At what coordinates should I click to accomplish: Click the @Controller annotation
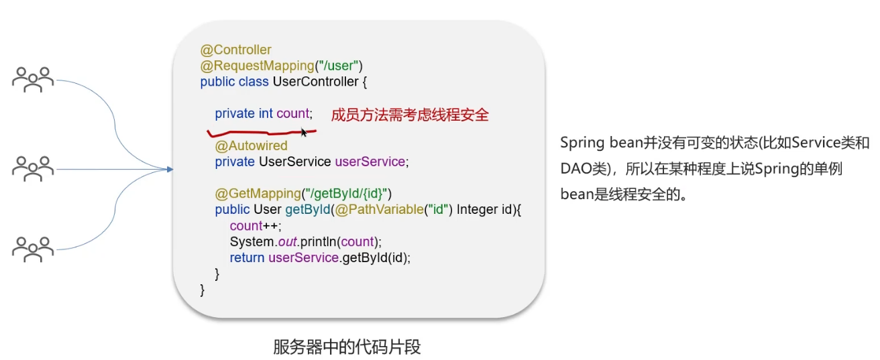click(235, 50)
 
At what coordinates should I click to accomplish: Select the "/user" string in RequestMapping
click(339, 66)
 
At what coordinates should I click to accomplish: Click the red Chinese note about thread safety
click(410, 115)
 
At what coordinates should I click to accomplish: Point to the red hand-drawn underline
click(262, 133)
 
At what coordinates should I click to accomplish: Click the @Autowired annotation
click(251, 145)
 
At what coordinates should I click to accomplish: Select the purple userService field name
click(370, 162)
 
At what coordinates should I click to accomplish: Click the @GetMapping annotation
click(258, 194)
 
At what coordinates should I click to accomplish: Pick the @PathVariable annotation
click(380, 210)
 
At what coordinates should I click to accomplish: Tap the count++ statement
click(256, 226)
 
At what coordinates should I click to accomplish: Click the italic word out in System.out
click(287, 242)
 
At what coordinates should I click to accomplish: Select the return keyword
click(247, 258)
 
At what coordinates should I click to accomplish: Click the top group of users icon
click(33, 80)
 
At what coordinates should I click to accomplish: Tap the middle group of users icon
click(33, 169)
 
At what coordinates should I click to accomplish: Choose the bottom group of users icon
click(33, 249)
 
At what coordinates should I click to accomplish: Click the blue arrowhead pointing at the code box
click(170, 169)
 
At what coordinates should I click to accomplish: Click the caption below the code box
click(347, 347)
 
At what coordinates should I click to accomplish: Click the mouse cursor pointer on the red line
click(304, 132)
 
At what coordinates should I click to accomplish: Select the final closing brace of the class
click(203, 290)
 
